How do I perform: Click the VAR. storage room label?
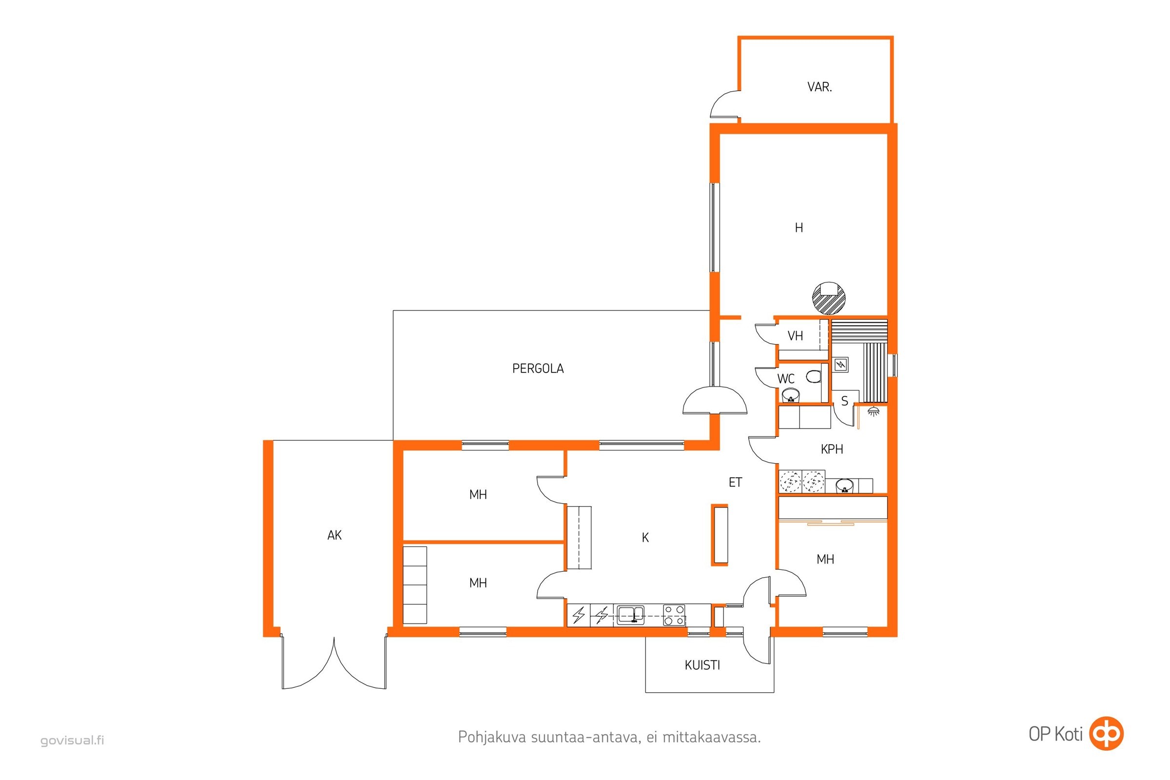[819, 87]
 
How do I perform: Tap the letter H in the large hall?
[799, 228]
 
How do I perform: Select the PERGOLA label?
[538, 369]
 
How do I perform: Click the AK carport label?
[334, 535]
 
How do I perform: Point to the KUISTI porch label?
[702, 665]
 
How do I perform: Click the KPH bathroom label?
[832, 449]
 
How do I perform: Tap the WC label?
[786, 379]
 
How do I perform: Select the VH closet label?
[795, 336]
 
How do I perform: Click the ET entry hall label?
[735, 482]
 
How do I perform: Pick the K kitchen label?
[645, 538]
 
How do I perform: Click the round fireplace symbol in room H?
[829, 298]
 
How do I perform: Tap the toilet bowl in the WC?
[813, 376]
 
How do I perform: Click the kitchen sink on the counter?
[630, 615]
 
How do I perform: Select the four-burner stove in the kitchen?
[674, 615]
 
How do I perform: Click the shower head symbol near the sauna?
[873, 411]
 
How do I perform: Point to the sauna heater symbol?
[840, 365]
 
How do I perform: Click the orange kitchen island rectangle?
[720, 535]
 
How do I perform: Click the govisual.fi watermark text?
[72, 740]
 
